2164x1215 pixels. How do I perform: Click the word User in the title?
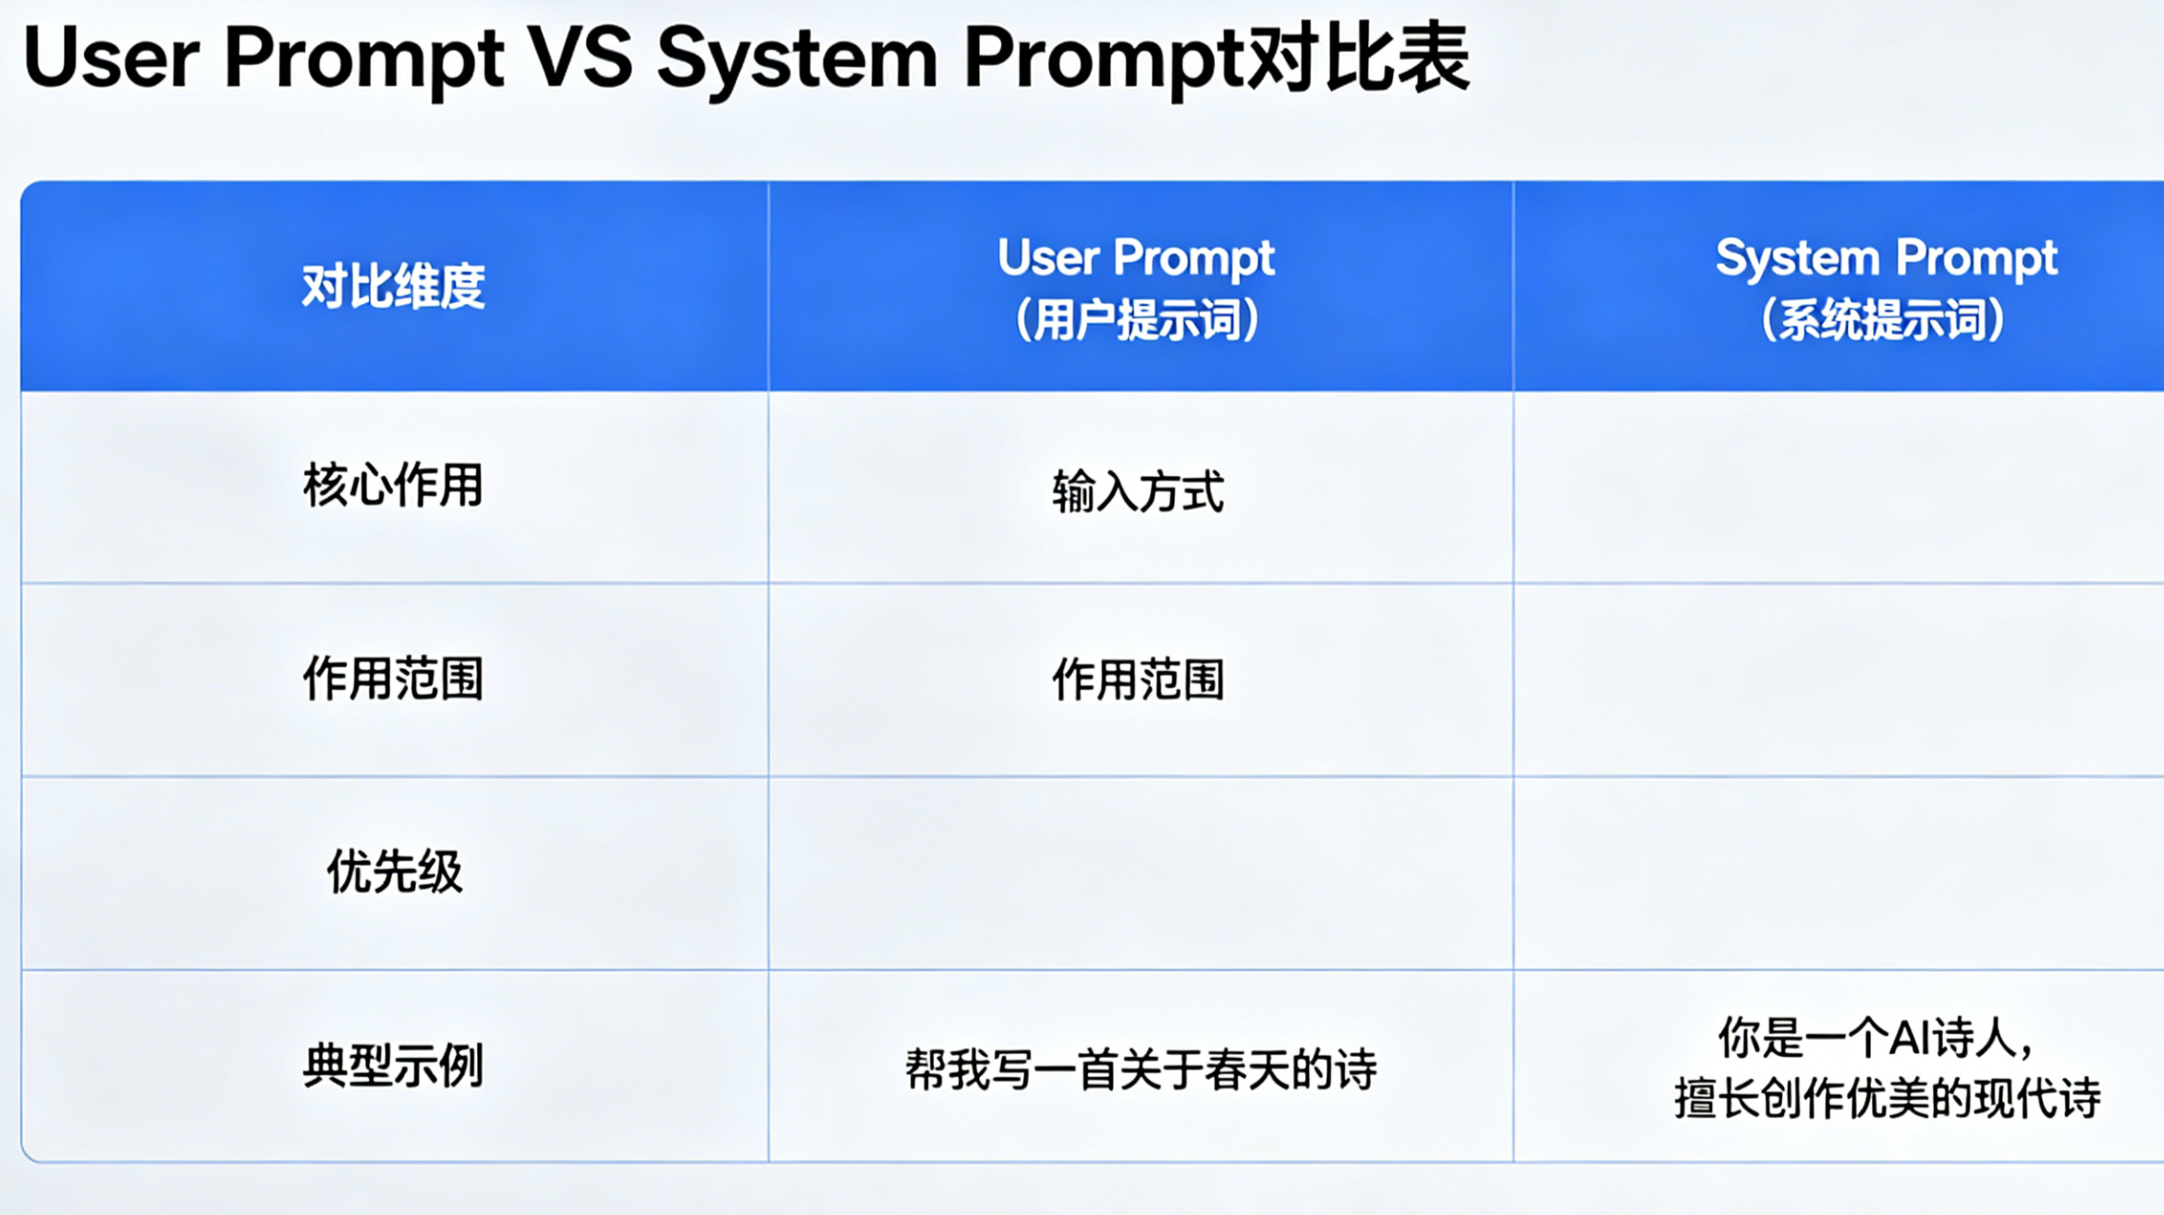click(x=111, y=57)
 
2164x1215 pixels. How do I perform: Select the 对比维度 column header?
click(x=394, y=286)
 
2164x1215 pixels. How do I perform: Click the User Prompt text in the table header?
click(x=1136, y=258)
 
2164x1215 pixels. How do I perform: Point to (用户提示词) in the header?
click(x=1137, y=320)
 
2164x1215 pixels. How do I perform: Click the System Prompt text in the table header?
click(x=1886, y=258)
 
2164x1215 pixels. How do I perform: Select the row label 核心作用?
click(x=394, y=485)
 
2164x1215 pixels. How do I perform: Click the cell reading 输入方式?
click(x=1138, y=491)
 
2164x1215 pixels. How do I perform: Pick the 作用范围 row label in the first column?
click(x=394, y=678)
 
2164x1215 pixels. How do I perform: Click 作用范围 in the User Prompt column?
click(x=1138, y=680)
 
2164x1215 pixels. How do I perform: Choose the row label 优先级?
click(x=394, y=872)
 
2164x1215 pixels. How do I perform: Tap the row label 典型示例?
click(x=394, y=1065)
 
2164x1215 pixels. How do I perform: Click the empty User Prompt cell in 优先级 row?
click(x=1141, y=873)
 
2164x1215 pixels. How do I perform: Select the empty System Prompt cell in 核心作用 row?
click(x=1839, y=486)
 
